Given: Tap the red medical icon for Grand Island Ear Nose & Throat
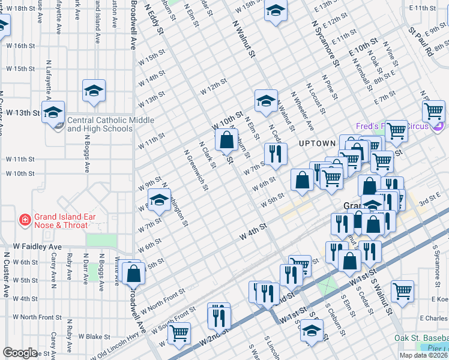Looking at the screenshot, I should [x=25, y=220].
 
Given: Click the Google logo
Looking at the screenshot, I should [x=20, y=353].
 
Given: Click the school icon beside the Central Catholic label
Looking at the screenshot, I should [x=53, y=112].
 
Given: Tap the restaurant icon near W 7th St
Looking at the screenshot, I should [x=276, y=153].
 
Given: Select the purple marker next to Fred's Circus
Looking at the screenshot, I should [x=439, y=127].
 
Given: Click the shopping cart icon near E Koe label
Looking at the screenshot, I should [x=402, y=291].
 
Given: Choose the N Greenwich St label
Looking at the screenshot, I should [x=196, y=170].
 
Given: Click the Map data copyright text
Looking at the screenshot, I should [x=423, y=355].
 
